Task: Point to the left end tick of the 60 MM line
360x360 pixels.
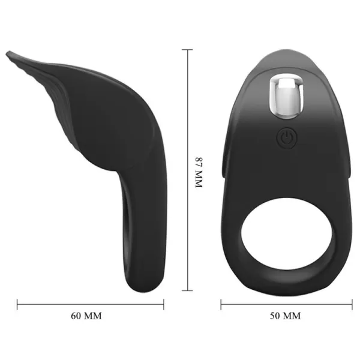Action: [x=17, y=304]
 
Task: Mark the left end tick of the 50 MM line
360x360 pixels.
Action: [x=221, y=304]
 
